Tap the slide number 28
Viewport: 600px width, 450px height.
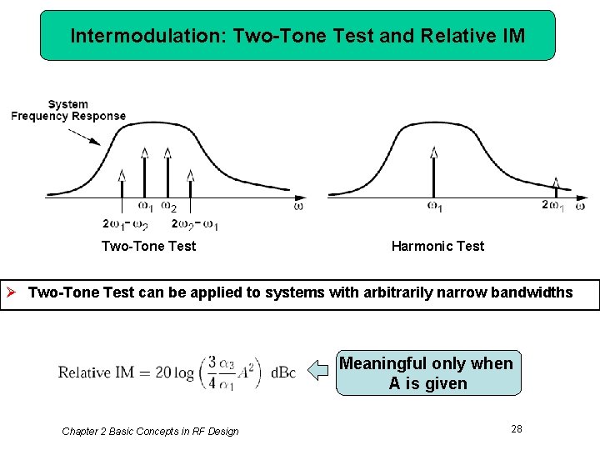pyautogui.click(x=517, y=428)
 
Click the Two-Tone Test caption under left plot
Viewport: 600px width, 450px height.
pyautogui.click(x=148, y=246)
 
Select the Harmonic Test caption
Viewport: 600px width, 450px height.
pyautogui.click(x=437, y=246)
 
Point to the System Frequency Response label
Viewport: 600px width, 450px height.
pyautogui.click(x=68, y=110)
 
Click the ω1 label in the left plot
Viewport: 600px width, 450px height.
pyautogui.click(x=145, y=206)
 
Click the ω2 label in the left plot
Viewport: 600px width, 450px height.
pyautogui.click(x=168, y=206)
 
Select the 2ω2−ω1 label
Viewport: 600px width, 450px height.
pyautogui.click(x=195, y=223)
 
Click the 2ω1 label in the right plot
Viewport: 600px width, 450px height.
pyautogui.click(x=552, y=206)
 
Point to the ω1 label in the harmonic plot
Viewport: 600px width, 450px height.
pyautogui.click(x=434, y=206)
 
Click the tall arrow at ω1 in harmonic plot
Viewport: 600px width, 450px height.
pyautogui.click(x=433, y=172)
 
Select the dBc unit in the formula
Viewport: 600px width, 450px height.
pyautogui.click(x=282, y=372)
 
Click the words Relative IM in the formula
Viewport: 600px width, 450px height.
pyautogui.click(x=96, y=372)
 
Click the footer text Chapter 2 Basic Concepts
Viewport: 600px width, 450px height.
pyautogui.click(x=150, y=431)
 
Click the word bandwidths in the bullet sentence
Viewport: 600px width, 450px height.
pyautogui.click(x=532, y=292)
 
